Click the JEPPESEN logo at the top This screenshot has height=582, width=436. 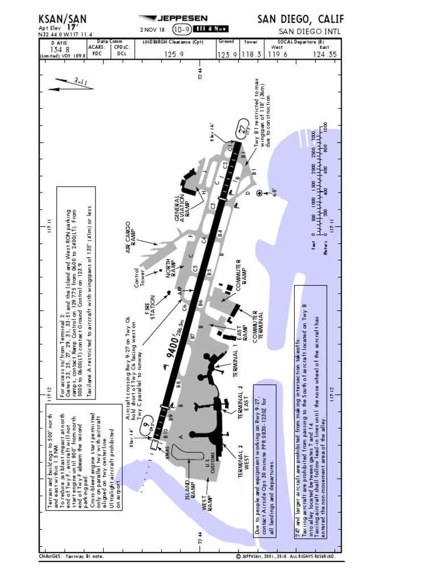174,18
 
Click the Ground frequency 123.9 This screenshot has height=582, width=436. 227,55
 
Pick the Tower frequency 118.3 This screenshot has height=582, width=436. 251,55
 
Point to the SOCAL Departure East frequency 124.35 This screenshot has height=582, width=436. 324,55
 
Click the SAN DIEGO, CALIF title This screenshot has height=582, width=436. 300,18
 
